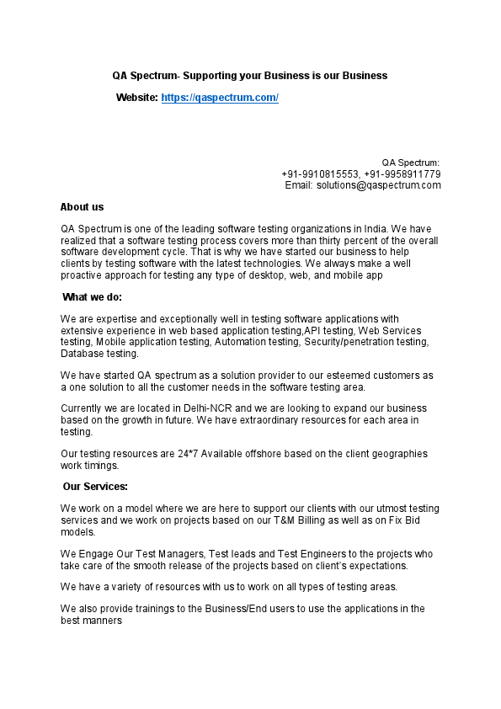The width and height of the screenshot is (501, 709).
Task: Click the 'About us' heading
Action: click(83, 207)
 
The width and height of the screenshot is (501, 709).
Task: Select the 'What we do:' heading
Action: click(93, 297)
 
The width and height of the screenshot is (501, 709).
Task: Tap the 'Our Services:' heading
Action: click(95, 487)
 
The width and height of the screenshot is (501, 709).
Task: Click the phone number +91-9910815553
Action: click(319, 174)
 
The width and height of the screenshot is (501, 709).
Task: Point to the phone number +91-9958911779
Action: click(402, 174)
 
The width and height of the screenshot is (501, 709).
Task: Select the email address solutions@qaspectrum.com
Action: click(379, 185)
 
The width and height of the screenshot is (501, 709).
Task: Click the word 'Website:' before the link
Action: click(137, 98)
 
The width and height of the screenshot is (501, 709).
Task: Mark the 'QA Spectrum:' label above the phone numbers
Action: click(411, 163)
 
